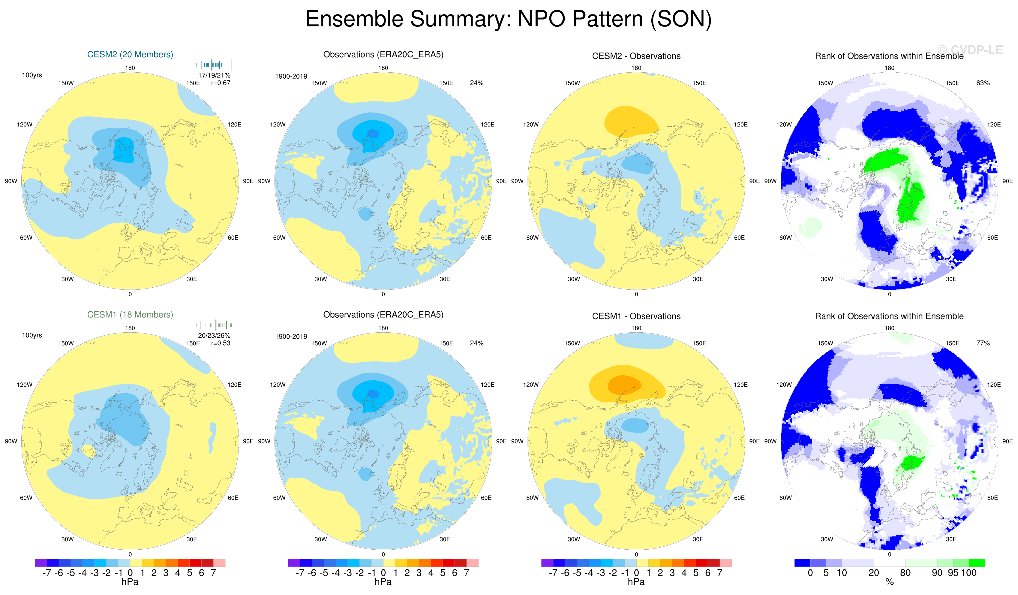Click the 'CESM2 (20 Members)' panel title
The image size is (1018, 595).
click(130, 55)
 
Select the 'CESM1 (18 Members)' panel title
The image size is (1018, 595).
click(130, 315)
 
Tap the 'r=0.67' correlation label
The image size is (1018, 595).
click(221, 83)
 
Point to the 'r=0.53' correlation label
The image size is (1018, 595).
click(221, 343)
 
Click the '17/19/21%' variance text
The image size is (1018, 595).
click(214, 75)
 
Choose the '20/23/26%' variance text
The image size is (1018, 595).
click(214, 336)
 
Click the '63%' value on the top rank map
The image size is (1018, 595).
click(983, 83)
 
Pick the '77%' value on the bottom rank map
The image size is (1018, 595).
click(983, 343)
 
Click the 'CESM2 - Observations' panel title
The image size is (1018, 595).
click(636, 56)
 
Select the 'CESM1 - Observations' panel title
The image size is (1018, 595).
click(636, 316)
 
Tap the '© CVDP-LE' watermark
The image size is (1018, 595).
click(969, 50)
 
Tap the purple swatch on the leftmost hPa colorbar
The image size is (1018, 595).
click(41, 563)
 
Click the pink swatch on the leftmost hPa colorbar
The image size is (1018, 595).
click(219, 563)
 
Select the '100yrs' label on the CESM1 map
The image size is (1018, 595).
click(32, 336)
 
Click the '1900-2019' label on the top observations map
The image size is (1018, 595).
click(291, 76)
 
